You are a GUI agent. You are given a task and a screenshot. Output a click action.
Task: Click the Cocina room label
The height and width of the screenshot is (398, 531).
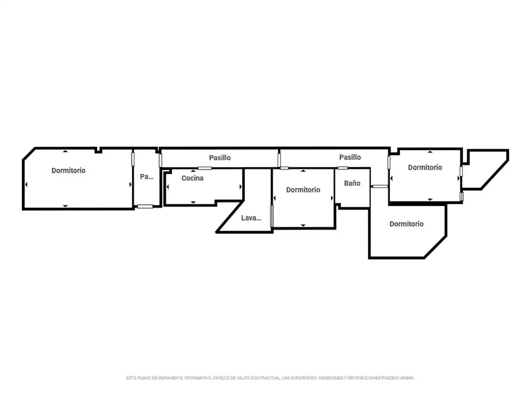tap(192, 178)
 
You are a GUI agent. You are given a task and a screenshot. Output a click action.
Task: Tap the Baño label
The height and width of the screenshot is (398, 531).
tap(352, 183)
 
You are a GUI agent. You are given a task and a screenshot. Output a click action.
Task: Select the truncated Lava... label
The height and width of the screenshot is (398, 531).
tap(251, 218)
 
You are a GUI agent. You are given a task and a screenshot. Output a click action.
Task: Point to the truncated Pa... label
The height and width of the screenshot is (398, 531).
tap(146, 177)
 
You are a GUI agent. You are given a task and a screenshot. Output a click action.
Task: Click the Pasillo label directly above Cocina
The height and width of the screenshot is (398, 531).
tap(220, 158)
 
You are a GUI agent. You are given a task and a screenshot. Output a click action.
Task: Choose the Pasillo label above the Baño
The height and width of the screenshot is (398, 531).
tap(350, 157)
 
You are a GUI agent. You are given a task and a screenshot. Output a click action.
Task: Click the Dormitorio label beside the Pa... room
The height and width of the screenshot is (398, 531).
tap(69, 170)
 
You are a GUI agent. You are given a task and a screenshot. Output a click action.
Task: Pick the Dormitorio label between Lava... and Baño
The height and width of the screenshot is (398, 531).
tap(303, 190)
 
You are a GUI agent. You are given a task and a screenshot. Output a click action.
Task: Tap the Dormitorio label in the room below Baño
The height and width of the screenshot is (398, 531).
tap(406, 224)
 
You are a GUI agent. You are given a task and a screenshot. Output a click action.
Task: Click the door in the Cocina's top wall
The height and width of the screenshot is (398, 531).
tap(205, 168)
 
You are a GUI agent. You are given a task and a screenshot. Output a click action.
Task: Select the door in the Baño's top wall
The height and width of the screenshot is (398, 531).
tap(343, 168)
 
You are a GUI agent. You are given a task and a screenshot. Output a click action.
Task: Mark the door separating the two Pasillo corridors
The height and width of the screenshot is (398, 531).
tap(279, 160)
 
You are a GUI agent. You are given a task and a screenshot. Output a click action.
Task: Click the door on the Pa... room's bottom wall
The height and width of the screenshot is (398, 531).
tap(145, 206)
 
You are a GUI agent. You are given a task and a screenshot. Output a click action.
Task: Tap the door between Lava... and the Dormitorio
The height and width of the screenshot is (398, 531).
tap(272, 216)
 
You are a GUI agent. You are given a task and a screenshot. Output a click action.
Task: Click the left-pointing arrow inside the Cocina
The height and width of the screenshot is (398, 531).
tap(167, 187)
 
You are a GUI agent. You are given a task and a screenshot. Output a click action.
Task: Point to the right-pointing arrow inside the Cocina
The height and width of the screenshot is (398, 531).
tap(240, 187)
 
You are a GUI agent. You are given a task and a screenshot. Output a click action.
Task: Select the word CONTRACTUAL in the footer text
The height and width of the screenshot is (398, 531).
tap(265, 378)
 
